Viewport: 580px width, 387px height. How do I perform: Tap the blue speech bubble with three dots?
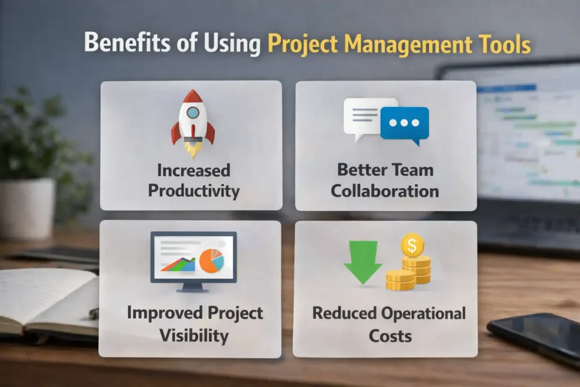click(404, 124)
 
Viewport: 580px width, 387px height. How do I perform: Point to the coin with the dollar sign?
click(412, 246)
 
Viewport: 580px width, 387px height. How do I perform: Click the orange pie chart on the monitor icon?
click(212, 260)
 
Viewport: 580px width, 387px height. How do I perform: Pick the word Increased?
click(193, 170)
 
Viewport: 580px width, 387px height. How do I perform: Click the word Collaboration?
click(385, 190)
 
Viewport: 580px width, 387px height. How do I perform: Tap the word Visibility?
click(193, 335)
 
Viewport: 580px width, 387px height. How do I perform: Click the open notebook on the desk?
click(45, 300)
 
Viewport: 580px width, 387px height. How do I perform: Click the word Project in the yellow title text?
click(304, 44)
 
